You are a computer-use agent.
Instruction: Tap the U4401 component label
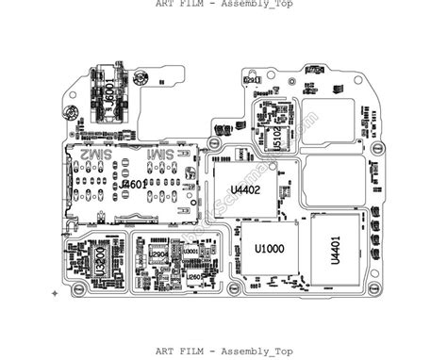335,250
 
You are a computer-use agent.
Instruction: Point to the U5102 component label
277,135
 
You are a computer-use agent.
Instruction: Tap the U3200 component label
100,259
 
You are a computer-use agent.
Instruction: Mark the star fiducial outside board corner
54,294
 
